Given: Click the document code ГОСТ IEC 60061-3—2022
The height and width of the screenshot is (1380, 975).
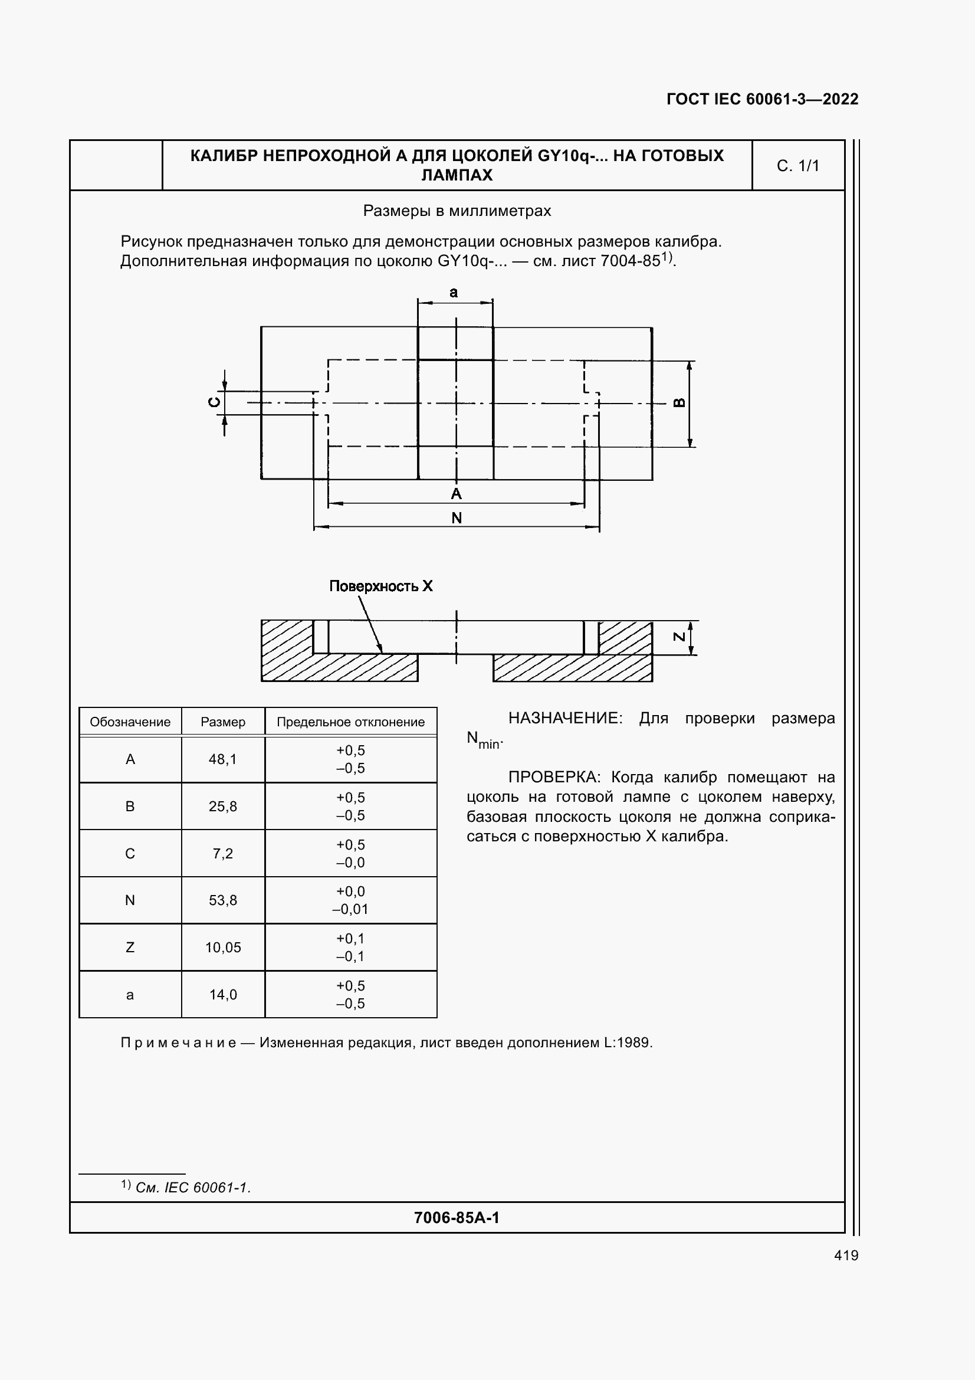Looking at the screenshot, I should tap(761, 99).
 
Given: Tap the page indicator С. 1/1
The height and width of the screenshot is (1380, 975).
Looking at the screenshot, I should tap(797, 166).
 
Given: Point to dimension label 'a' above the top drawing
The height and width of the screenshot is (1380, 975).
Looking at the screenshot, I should tap(454, 293).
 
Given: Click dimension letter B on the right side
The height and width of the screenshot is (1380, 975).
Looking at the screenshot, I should tap(679, 403).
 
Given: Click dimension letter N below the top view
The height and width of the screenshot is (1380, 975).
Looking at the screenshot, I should tap(457, 518).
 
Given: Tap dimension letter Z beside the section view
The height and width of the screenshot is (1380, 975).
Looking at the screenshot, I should tap(679, 637).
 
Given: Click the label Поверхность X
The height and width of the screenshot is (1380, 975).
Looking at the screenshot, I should tap(381, 586).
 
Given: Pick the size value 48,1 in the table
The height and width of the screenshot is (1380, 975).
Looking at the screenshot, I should tap(223, 759).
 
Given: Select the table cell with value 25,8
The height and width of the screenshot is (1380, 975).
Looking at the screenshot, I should tap(223, 807).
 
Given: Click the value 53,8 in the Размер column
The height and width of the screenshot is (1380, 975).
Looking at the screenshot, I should tap(223, 900).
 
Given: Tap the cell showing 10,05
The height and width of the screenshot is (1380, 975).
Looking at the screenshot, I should tap(223, 948).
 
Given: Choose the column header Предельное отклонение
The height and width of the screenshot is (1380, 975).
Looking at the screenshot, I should tap(350, 722).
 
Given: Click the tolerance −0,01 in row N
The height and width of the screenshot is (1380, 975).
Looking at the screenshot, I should tap(350, 909).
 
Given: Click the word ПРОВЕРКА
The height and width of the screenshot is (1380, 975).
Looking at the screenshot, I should tap(553, 777).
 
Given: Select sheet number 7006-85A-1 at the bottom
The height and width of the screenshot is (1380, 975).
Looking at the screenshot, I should tap(457, 1218).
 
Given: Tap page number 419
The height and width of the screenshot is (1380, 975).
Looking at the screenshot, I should tap(846, 1255).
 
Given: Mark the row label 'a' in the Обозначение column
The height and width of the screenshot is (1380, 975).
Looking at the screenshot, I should tap(130, 995).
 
